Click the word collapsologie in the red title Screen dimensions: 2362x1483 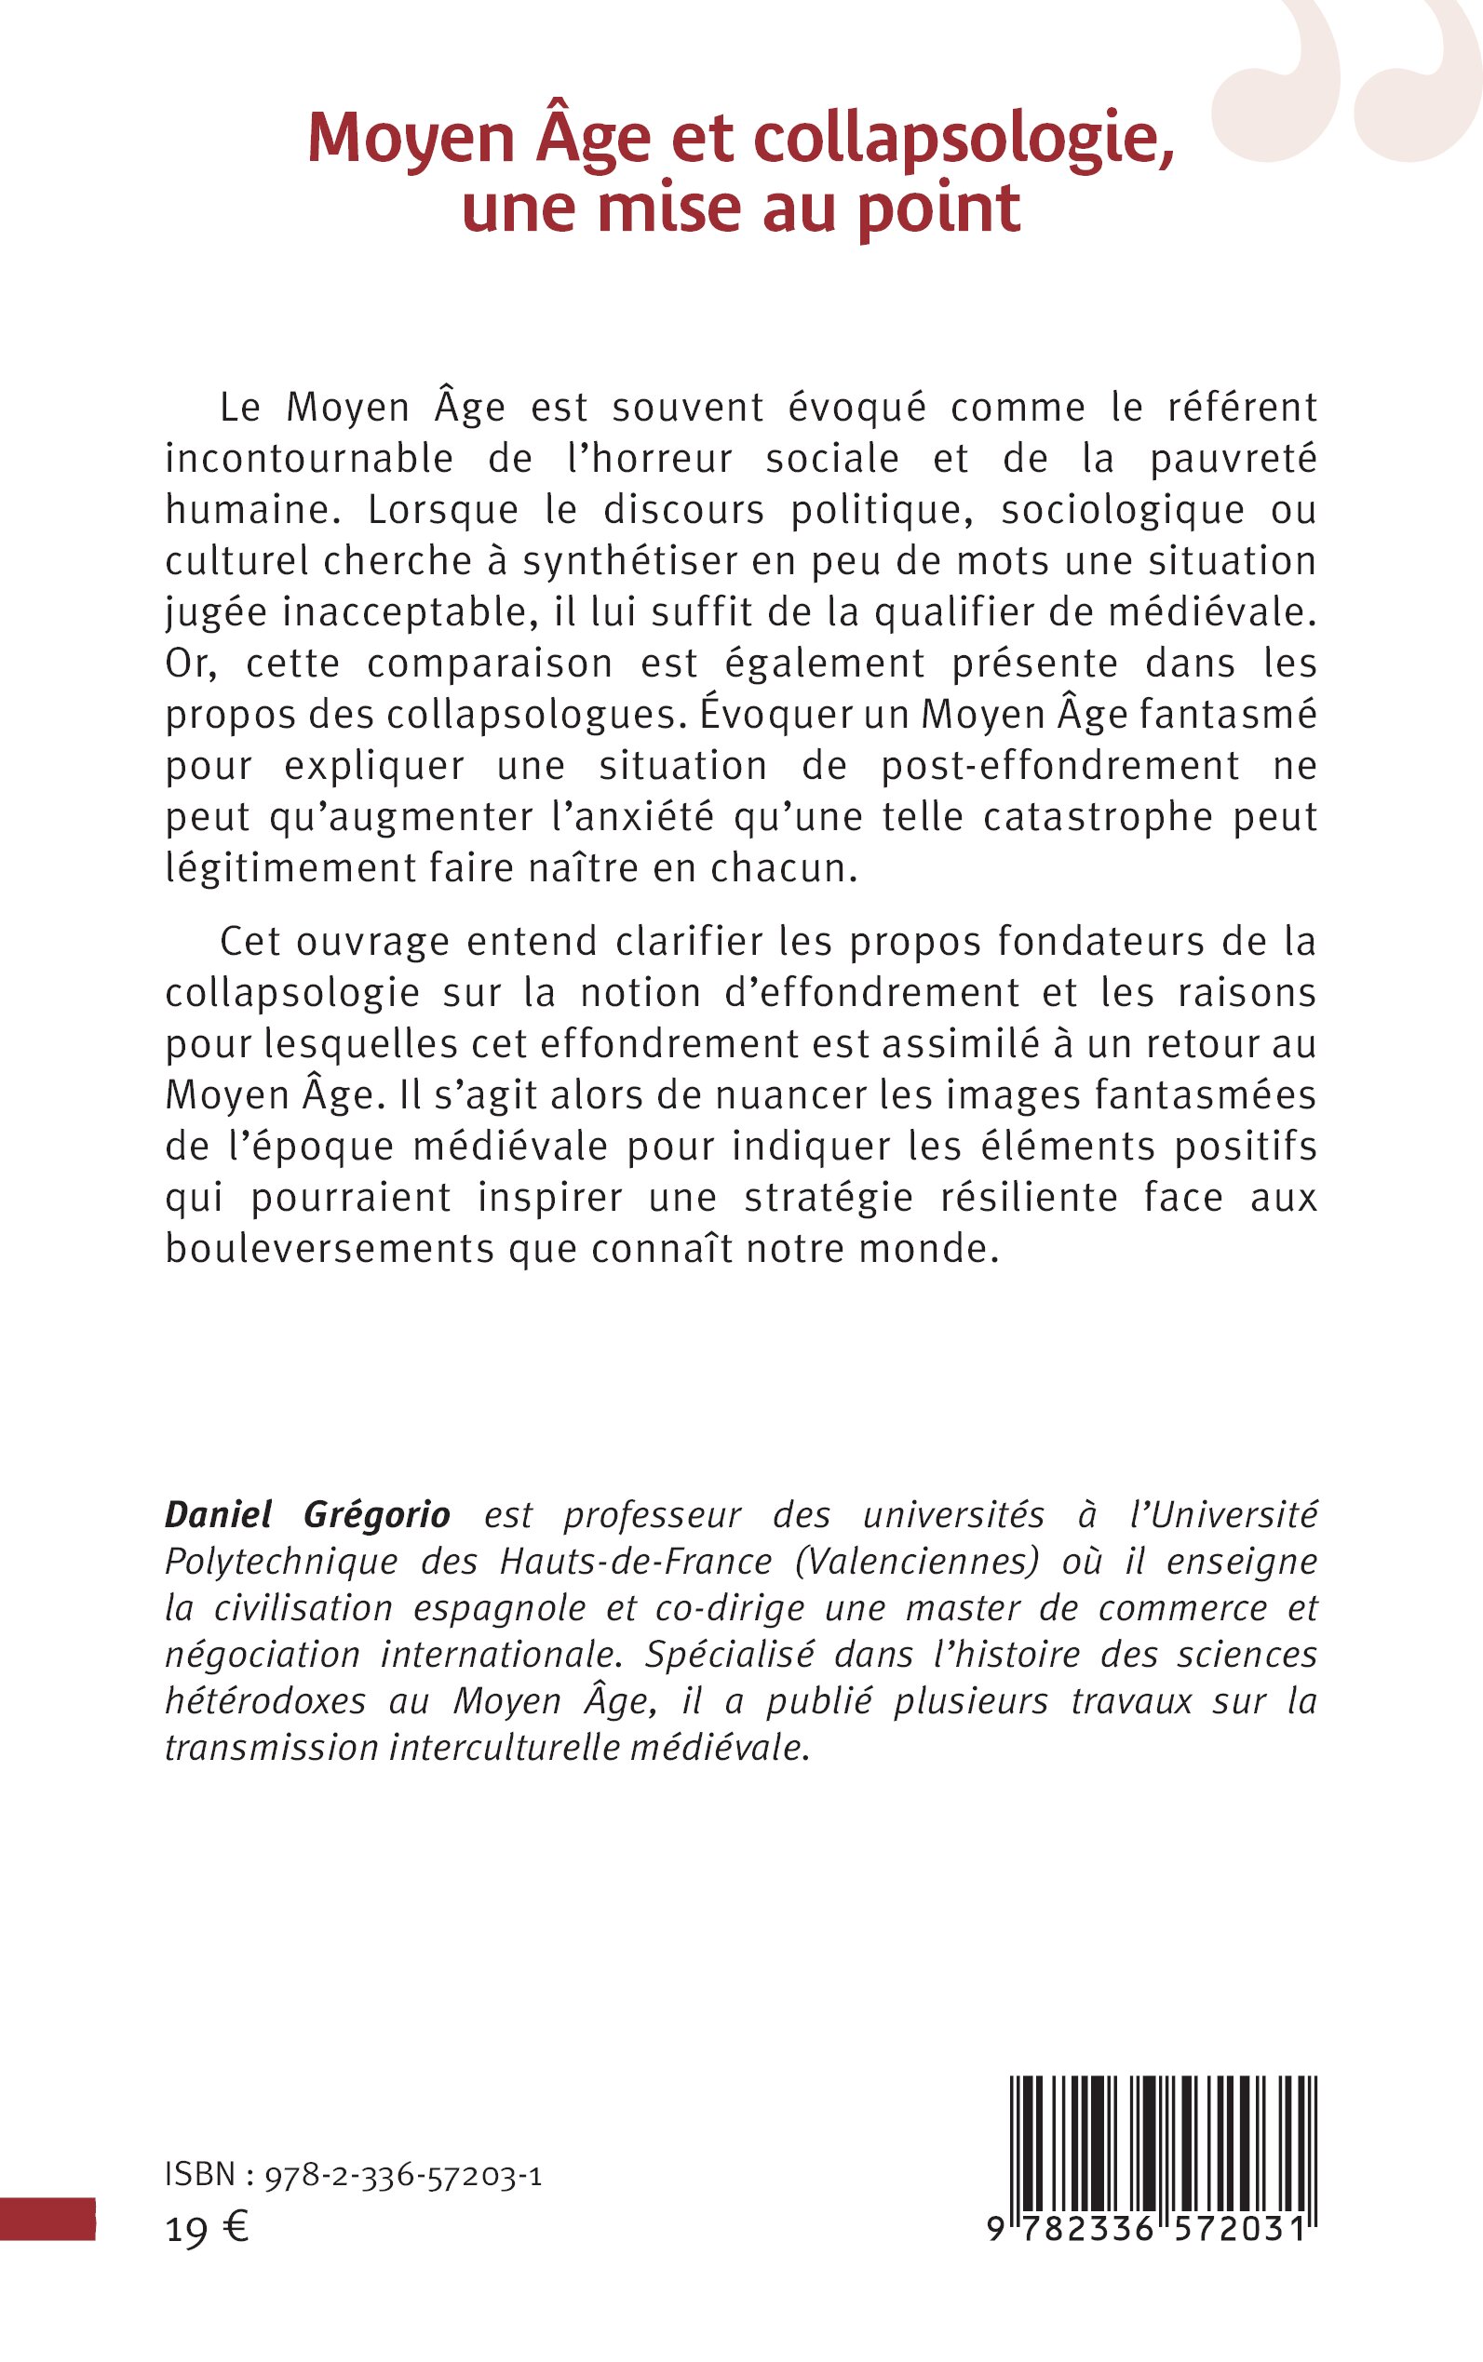[964, 139]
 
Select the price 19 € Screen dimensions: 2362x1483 [207, 2230]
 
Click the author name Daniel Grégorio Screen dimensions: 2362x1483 [307, 1515]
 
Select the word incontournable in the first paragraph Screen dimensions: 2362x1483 [309, 459]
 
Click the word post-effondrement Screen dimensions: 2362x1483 [1059, 766]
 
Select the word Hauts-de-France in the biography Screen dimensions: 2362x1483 [636, 1561]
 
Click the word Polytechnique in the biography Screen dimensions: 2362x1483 [281, 1561]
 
